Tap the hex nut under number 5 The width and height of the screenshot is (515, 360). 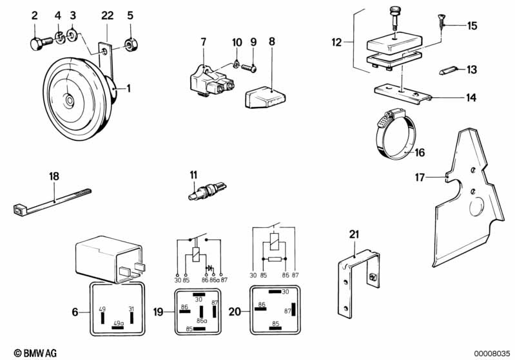[x=130, y=43]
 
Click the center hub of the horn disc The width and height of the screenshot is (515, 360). [x=69, y=100]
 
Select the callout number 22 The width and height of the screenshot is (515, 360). [x=108, y=15]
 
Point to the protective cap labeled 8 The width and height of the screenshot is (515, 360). [x=265, y=97]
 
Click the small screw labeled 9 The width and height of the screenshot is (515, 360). [x=249, y=68]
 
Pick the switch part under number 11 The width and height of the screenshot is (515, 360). [x=207, y=192]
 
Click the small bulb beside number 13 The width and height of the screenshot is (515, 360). [x=447, y=71]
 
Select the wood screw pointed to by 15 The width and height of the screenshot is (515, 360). [x=442, y=22]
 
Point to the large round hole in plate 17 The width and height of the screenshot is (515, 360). [x=477, y=206]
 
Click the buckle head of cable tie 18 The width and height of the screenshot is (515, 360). [x=20, y=209]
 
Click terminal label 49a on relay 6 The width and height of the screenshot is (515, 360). [x=119, y=323]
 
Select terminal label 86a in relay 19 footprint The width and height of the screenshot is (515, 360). [x=202, y=320]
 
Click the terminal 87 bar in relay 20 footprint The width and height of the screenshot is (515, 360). [x=293, y=310]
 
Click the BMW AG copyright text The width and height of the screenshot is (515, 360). [x=35, y=353]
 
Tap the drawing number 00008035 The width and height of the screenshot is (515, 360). [x=492, y=354]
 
